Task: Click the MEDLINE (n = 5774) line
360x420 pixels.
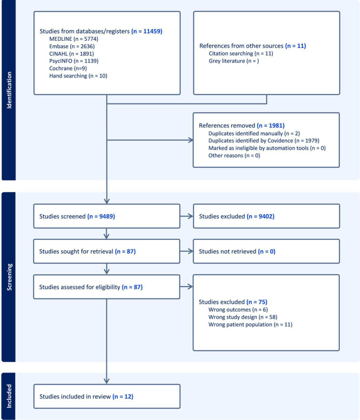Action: coord(74,39)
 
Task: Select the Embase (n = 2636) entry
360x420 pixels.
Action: coord(72,46)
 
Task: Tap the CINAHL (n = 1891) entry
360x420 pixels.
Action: coord(71,54)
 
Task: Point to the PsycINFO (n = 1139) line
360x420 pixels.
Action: coord(74,61)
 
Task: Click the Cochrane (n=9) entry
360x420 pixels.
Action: coord(68,68)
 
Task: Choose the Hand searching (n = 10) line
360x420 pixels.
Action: coord(78,76)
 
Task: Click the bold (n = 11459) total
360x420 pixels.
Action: coord(147,31)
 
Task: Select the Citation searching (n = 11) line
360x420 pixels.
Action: coord(241,53)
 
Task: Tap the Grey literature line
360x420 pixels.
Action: coord(234,61)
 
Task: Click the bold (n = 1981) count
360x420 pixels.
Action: coord(270,126)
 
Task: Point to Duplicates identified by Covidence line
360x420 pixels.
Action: coord(264,141)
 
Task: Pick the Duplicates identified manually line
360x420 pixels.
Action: coord(254,133)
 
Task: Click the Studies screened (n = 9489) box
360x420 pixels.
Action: coord(106,216)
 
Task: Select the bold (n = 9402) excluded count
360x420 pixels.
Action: coord(261,216)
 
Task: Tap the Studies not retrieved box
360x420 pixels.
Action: coord(266,251)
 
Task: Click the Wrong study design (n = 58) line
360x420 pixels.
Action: coord(243,317)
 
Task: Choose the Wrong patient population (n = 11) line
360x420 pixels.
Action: coord(251,324)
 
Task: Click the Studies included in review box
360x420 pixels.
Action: coord(107,396)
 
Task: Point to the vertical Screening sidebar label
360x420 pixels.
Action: coord(9,277)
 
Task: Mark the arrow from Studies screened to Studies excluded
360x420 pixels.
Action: coord(187,216)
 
